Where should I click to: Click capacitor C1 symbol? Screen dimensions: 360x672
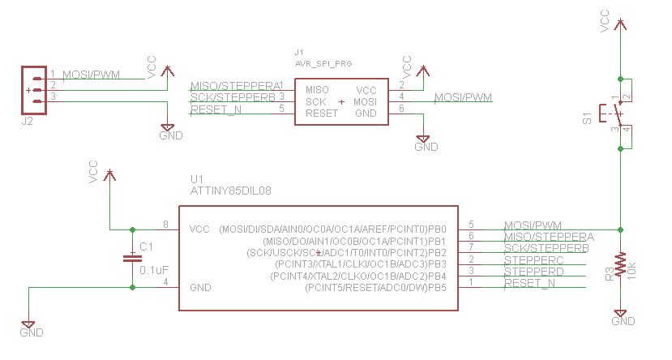pos(131,258)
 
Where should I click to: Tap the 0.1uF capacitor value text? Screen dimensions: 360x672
pos(154,270)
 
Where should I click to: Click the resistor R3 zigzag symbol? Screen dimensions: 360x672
pos(620,264)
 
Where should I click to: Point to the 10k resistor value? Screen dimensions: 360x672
pos(633,269)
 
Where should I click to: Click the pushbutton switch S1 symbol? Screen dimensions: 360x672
pos(610,114)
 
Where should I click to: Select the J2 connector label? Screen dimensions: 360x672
pos(27,121)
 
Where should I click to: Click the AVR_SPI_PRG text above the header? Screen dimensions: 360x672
pos(324,62)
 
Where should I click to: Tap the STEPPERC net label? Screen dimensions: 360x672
pos(533,260)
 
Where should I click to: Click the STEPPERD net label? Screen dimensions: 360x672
pos(533,272)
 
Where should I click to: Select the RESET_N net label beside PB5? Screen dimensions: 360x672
pos(529,283)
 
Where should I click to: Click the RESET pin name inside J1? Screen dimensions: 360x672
pos(322,114)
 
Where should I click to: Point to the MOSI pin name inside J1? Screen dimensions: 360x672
pos(365,102)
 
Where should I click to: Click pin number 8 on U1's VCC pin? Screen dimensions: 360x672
pos(165,225)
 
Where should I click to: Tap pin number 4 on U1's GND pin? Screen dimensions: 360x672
pos(165,282)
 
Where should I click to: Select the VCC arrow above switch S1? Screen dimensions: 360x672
pos(620,24)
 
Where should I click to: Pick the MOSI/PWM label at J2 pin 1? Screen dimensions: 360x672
pos(91,75)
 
